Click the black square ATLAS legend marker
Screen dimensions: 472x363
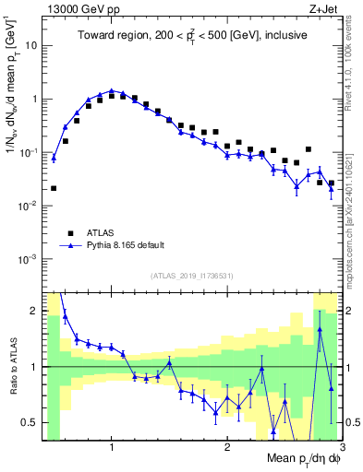click(68, 232)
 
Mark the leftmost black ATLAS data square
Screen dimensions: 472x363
click(54, 188)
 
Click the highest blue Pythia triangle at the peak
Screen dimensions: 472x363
click(112, 91)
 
